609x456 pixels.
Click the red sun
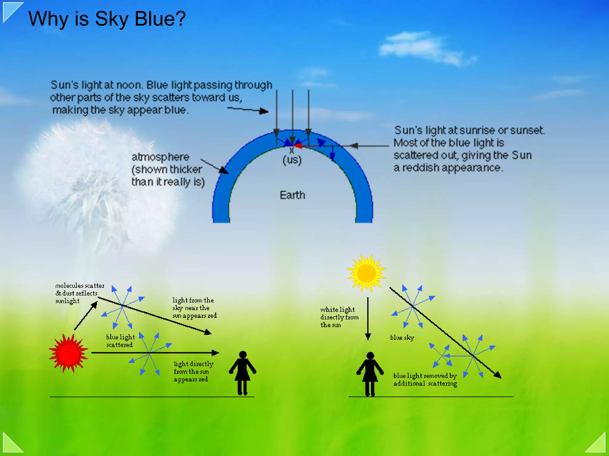68,353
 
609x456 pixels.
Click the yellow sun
366,273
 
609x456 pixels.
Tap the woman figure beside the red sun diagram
243,373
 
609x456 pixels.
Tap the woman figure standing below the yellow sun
370,374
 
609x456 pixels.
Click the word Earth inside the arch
292,195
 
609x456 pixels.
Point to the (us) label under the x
292,160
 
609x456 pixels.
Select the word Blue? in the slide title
160,19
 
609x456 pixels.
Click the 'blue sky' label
402,337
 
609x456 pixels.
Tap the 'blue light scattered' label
120,341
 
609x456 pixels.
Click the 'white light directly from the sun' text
339,317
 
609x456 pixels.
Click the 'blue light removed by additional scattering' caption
425,380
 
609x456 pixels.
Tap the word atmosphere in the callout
160,157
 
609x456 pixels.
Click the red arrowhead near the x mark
298,146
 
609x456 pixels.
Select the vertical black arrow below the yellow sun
368,318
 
